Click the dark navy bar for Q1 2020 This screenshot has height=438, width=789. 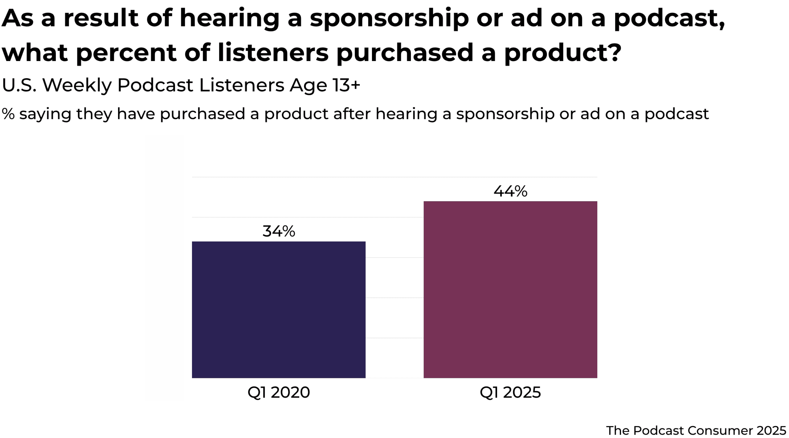pos(279,310)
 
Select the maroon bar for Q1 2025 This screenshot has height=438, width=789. pos(510,290)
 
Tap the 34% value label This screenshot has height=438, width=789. pos(279,231)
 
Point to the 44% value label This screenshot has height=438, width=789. pos(510,191)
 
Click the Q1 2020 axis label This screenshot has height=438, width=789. pos(279,392)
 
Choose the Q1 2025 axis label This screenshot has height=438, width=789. pos(510,392)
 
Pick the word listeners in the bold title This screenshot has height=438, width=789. pos(273,52)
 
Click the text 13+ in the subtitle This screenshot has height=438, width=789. pos(346,85)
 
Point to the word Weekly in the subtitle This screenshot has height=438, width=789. pos(77,85)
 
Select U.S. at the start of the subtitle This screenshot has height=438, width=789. pos(19,85)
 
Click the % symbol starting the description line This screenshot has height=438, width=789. pos(8,114)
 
